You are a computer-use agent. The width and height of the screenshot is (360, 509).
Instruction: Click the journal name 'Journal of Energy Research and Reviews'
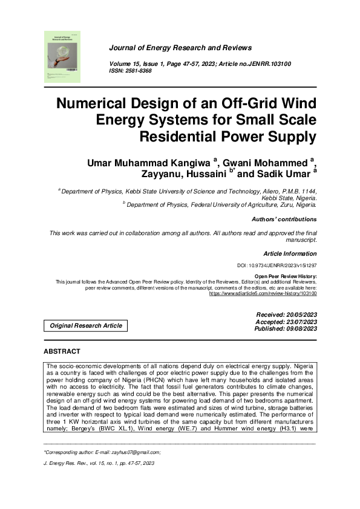(x=180, y=48)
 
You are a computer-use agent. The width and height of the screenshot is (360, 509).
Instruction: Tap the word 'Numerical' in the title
(x=94, y=102)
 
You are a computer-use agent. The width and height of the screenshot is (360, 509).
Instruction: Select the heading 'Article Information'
(x=290, y=254)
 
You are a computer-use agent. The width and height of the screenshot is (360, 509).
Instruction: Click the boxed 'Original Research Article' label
(x=86, y=326)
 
